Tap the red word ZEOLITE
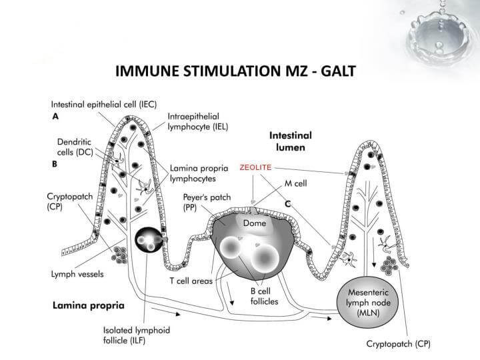coord(255,168)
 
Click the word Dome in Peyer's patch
coord(254,224)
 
